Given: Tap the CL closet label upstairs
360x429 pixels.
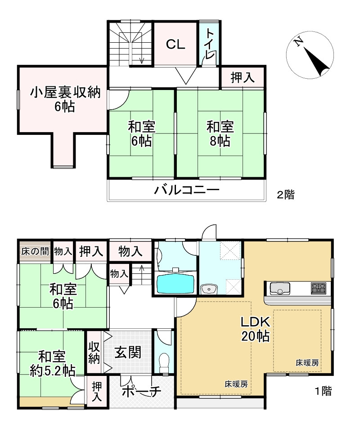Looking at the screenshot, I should [x=175, y=44].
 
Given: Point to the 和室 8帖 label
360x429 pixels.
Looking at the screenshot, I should [x=219, y=134].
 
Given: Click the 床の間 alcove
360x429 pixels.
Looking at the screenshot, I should [x=35, y=251].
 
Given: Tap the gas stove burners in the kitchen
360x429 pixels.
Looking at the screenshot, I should [x=319, y=288].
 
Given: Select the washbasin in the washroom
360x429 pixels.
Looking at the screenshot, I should [x=207, y=289].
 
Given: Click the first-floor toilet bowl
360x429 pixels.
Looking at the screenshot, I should [x=165, y=362].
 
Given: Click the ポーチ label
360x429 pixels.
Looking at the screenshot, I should [x=141, y=391].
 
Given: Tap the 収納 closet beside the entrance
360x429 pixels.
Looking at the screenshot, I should [x=94, y=353].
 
